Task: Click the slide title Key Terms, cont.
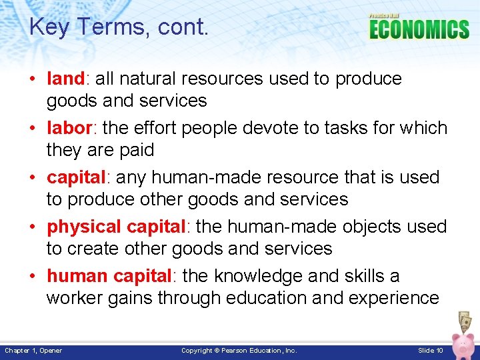[119, 27]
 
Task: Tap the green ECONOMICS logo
[419, 29]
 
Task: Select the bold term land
[65, 79]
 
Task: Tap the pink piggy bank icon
[463, 343]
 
